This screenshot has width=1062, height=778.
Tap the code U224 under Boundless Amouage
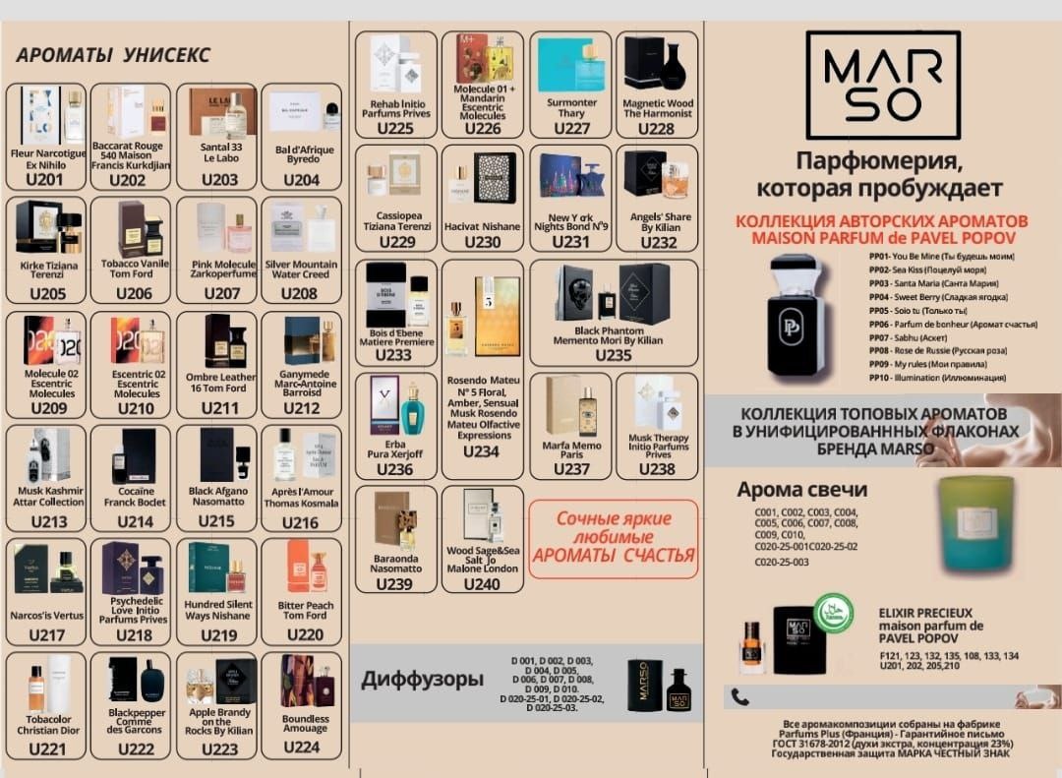(x=301, y=747)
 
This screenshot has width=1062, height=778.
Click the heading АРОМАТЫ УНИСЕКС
(x=113, y=55)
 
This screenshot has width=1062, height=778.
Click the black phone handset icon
(x=740, y=697)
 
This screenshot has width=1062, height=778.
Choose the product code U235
(x=614, y=355)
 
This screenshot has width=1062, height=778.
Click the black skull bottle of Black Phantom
(x=574, y=292)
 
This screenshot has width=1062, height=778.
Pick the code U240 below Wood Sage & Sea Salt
(x=482, y=584)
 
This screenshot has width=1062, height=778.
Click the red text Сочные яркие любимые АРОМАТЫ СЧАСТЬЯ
(x=614, y=537)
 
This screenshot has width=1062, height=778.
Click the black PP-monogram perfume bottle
(x=796, y=316)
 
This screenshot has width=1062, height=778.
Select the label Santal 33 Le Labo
(x=219, y=152)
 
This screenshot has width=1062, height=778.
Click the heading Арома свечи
(x=802, y=490)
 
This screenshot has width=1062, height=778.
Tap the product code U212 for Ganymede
(x=301, y=408)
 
